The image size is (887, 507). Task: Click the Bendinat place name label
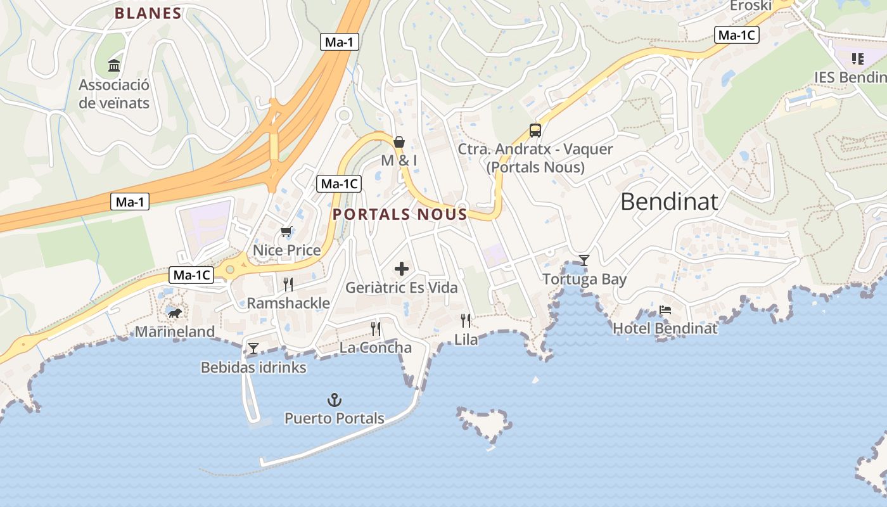click(x=669, y=202)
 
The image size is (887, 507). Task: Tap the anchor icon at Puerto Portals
click(x=334, y=400)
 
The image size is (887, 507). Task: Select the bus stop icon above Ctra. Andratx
click(x=535, y=131)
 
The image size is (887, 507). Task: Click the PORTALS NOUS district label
click(x=400, y=214)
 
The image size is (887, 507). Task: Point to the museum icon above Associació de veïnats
click(x=114, y=65)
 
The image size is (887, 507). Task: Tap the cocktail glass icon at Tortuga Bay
click(x=584, y=260)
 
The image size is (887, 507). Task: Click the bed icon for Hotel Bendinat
click(x=665, y=310)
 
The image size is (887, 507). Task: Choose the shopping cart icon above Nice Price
click(x=286, y=232)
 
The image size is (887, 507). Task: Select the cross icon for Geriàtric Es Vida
click(x=401, y=269)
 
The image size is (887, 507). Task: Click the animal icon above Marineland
click(x=174, y=313)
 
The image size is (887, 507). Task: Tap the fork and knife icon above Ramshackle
click(x=288, y=284)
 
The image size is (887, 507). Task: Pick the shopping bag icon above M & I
click(x=399, y=142)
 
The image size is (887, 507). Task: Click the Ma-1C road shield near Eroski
click(x=736, y=35)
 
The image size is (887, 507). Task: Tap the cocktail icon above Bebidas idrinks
click(x=253, y=348)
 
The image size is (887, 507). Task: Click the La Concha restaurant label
click(x=375, y=347)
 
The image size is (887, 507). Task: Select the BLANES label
click(x=148, y=13)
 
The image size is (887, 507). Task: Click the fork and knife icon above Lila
click(x=466, y=321)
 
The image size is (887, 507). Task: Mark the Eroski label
click(x=751, y=6)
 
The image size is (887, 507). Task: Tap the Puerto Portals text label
click(x=334, y=418)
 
